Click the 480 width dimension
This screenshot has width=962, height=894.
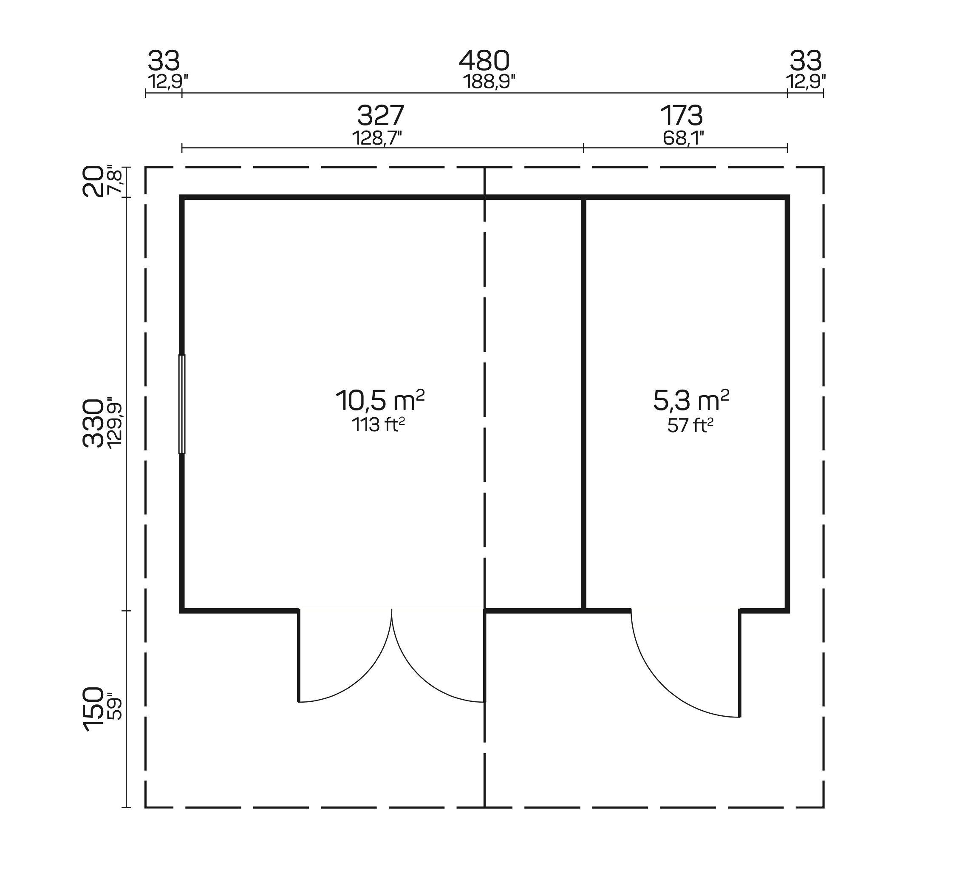484,61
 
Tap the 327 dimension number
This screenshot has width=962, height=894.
380,116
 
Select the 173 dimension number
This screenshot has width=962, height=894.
682,116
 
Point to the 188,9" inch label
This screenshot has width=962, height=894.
489,82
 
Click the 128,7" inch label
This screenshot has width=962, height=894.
377,138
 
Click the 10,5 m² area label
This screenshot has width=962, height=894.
380,400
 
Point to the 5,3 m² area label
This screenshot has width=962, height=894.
691,400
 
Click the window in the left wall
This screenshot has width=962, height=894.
182,404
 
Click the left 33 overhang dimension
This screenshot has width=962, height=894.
164,61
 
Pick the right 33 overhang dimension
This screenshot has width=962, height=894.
805,61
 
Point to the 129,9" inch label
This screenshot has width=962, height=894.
115,423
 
